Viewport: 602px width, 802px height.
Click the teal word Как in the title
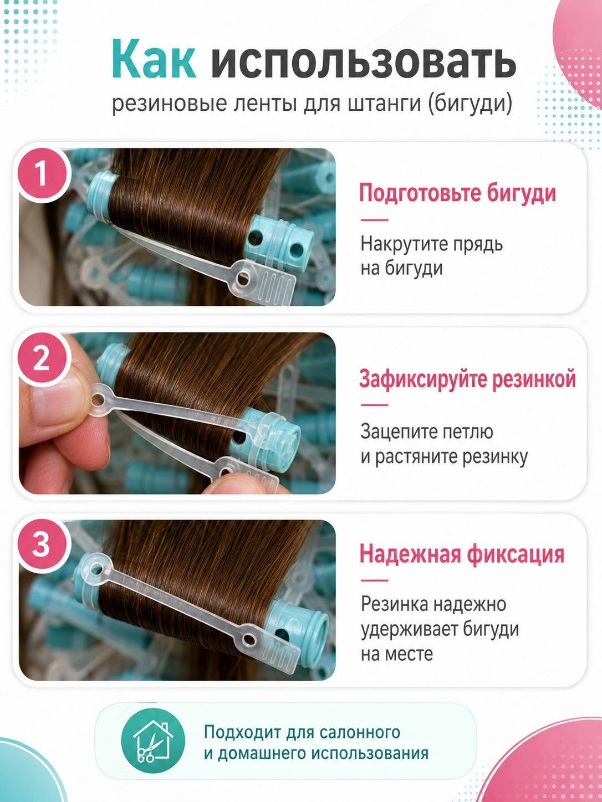pos(154,59)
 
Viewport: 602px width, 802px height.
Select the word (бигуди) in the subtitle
pos(470,104)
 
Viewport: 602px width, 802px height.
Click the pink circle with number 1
pos(42,174)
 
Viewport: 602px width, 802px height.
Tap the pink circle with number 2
pos(42,359)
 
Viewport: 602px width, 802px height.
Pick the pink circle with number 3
pos(42,544)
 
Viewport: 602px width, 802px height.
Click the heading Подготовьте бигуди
pos(457,193)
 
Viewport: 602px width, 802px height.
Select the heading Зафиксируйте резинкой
pos(467,379)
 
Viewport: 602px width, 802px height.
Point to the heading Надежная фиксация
pos(462,553)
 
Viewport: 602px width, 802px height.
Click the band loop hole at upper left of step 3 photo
pos(96,569)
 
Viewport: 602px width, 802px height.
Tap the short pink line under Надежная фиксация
pos(374,580)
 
